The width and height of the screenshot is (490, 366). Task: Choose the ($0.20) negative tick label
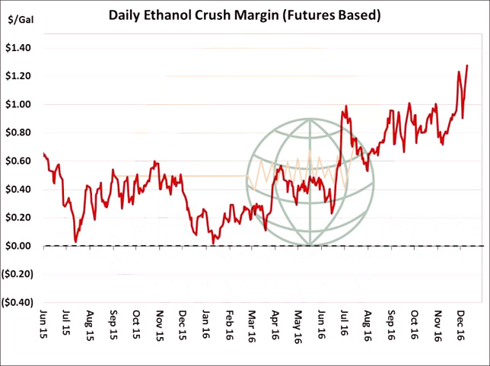[18, 274]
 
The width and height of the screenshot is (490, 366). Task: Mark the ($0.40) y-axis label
[18, 302]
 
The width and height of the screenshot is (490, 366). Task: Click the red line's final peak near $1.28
[467, 66]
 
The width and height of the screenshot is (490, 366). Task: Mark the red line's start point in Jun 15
[44, 154]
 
